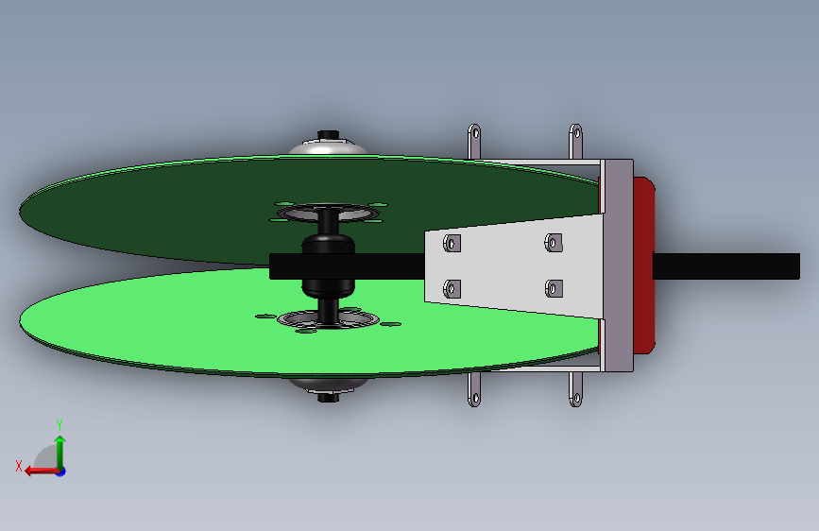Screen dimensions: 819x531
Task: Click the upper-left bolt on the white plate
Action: pyautogui.click(x=452, y=243)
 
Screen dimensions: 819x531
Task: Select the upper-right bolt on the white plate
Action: pyautogui.click(x=554, y=243)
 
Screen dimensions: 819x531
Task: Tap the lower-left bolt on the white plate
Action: pyautogui.click(x=452, y=288)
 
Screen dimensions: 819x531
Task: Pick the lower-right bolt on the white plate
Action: pyautogui.click(x=554, y=288)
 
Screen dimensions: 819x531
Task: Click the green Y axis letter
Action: pyautogui.click(x=60, y=424)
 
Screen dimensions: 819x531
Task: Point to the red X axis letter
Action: pyautogui.click(x=19, y=466)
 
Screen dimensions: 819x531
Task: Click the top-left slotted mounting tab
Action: pyautogui.click(x=474, y=141)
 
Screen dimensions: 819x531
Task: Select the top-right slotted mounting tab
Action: pyautogui.click(x=575, y=141)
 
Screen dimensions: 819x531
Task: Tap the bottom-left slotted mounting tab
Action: pyautogui.click(x=474, y=389)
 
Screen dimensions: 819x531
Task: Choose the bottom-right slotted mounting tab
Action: pyautogui.click(x=575, y=389)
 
